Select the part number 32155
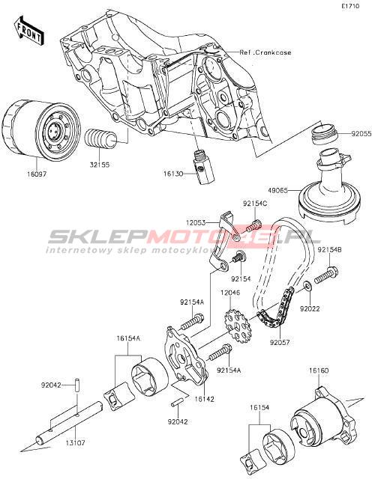tap(100, 165)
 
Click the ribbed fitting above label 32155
tap(100, 140)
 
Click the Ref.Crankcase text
tap(265, 52)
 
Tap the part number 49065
tap(277, 191)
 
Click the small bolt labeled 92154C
tap(253, 226)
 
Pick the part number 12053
tap(195, 223)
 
